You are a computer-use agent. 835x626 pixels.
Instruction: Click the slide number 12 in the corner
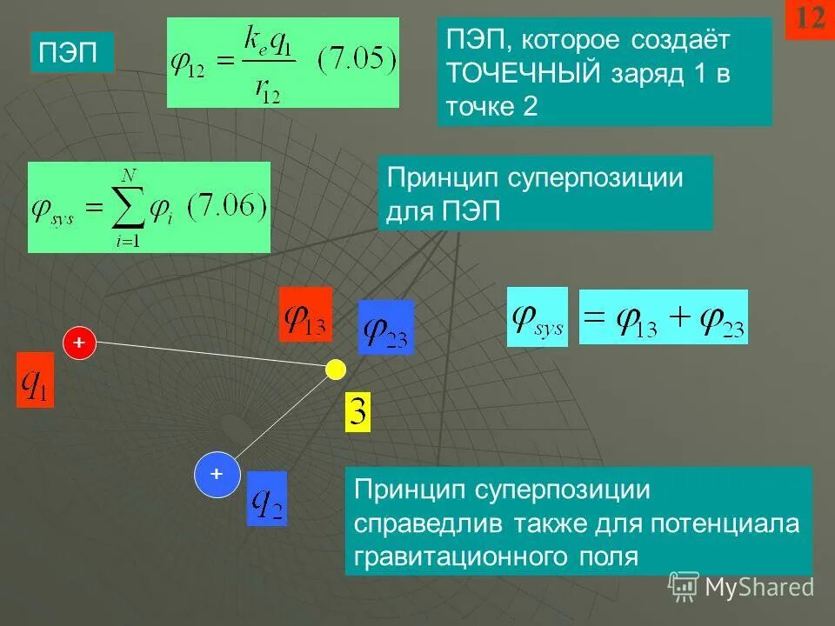click(x=809, y=20)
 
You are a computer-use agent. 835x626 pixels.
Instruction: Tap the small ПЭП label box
click(x=72, y=53)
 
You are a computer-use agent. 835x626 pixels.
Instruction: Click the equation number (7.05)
click(x=357, y=63)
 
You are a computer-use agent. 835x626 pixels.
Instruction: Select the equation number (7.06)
click(x=228, y=208)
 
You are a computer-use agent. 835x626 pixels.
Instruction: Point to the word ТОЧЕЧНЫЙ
click(x=523, y=73)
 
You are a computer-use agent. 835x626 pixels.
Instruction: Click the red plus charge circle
click(x=79, y=343)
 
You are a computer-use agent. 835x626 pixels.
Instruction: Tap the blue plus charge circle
click(x=216, y=475)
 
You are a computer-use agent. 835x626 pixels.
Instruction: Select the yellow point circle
click(x=335, y=370)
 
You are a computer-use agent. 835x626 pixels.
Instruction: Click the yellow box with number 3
click(x=358, y=412)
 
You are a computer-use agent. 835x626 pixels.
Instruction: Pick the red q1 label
click(x=36, y=380)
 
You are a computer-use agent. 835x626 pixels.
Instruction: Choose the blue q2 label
click(x=267, y=498)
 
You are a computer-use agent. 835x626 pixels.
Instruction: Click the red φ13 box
click(x=305, y=315)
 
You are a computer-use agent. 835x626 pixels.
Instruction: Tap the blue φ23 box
click(x=385, y=327)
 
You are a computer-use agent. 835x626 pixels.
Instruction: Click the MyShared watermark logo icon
click(x=684, y=587)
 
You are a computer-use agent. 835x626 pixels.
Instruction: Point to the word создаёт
click(x=668, y=40)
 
